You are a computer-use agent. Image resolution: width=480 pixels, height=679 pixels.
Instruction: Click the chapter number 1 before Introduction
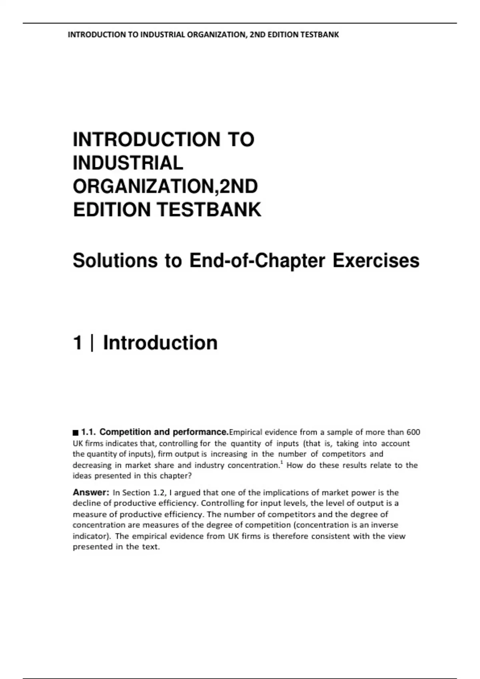tap(78, 343)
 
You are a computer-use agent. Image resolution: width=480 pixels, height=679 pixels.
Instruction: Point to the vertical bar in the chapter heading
tap(93, 343)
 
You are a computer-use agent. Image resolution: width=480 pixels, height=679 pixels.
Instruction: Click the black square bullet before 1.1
tap(75, 433)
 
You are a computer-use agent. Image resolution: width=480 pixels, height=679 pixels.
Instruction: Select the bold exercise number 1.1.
tap(88, 432)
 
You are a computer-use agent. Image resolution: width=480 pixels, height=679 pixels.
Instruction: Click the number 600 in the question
tap(413, 432)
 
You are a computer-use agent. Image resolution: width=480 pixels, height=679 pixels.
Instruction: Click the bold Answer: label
tap(91, 492)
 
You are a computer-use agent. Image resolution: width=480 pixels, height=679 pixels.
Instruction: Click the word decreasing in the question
tap(92, 465)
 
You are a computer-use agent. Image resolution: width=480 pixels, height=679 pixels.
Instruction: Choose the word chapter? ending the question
tap(176, 476)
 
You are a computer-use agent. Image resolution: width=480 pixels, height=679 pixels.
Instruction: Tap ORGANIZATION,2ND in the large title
tap(165, 187)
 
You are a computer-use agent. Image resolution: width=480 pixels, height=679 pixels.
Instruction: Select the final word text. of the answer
tap(151, 547)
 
